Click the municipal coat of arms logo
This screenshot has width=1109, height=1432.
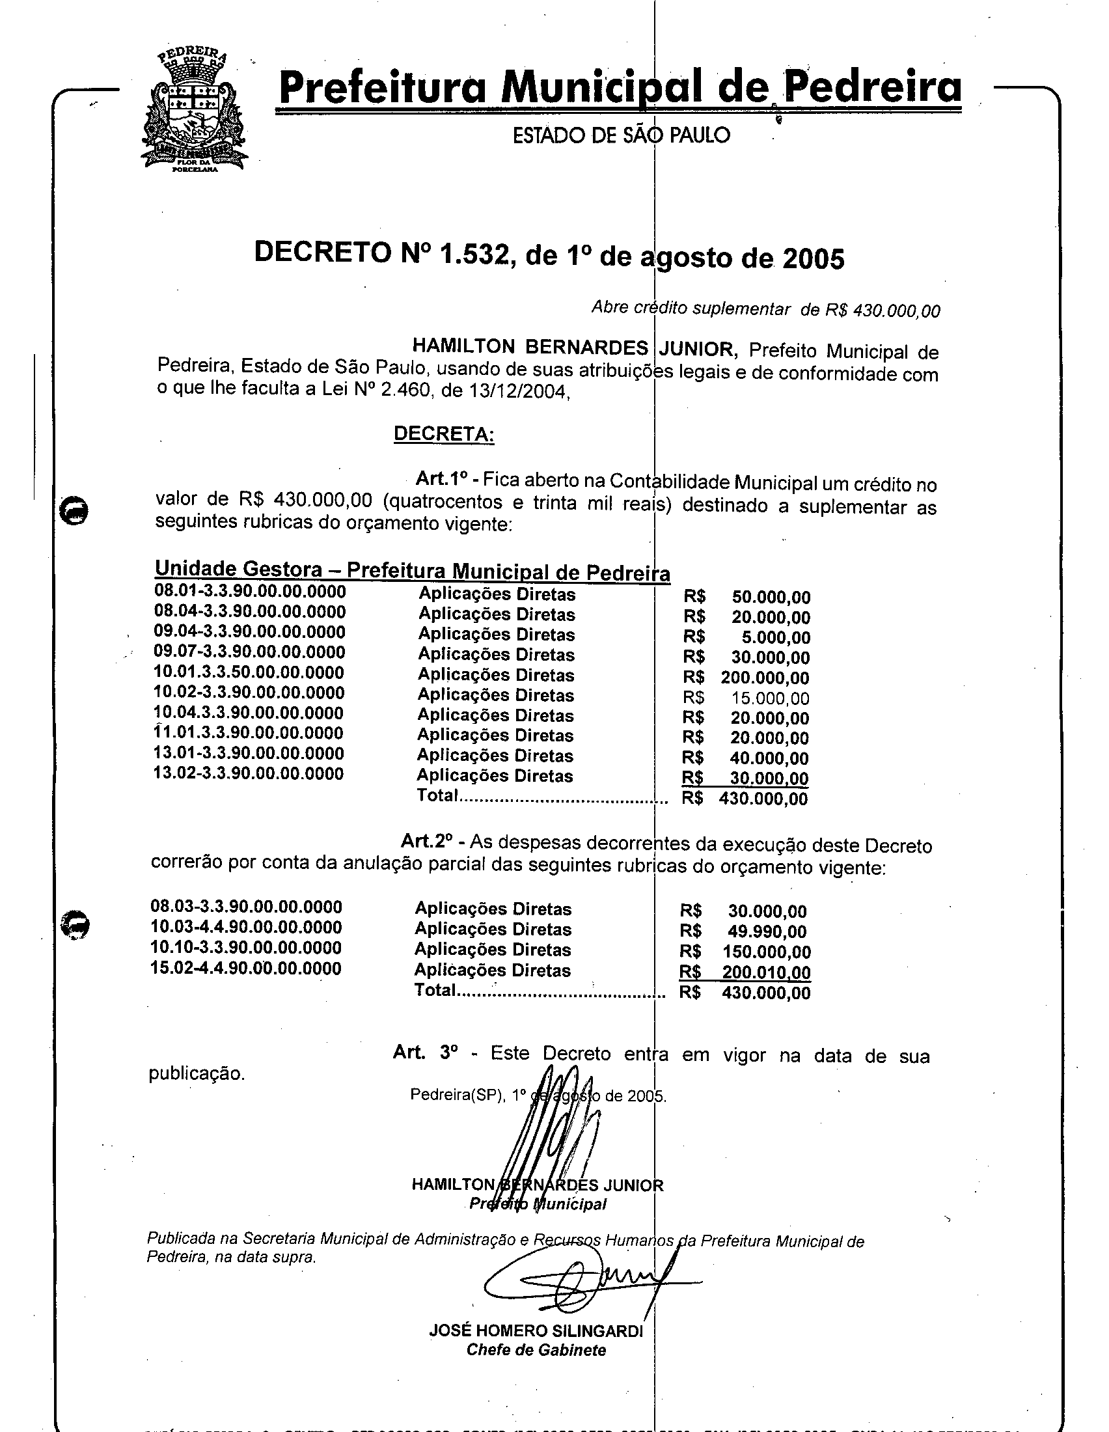tap(194, 111)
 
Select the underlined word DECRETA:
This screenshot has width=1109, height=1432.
tap(444, 434)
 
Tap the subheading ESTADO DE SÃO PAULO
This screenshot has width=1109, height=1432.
tap(621, 135)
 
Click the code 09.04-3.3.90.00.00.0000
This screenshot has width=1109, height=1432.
tap(250, 632)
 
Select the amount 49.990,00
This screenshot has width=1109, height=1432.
tap(767, 931)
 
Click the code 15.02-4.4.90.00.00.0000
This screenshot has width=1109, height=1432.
tap(246, 969)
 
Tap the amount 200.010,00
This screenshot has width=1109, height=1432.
tap(765, 972)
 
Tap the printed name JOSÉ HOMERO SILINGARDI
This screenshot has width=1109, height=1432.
tap(536, 1330)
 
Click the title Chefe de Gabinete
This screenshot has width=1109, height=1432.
tap(536, 1349)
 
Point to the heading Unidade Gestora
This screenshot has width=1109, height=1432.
tap(238, 568)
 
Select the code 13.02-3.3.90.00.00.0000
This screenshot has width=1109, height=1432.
tap(249, 774)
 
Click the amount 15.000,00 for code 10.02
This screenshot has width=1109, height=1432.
tap(770, 698)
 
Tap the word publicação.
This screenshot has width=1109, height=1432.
tap(197, 1074)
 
